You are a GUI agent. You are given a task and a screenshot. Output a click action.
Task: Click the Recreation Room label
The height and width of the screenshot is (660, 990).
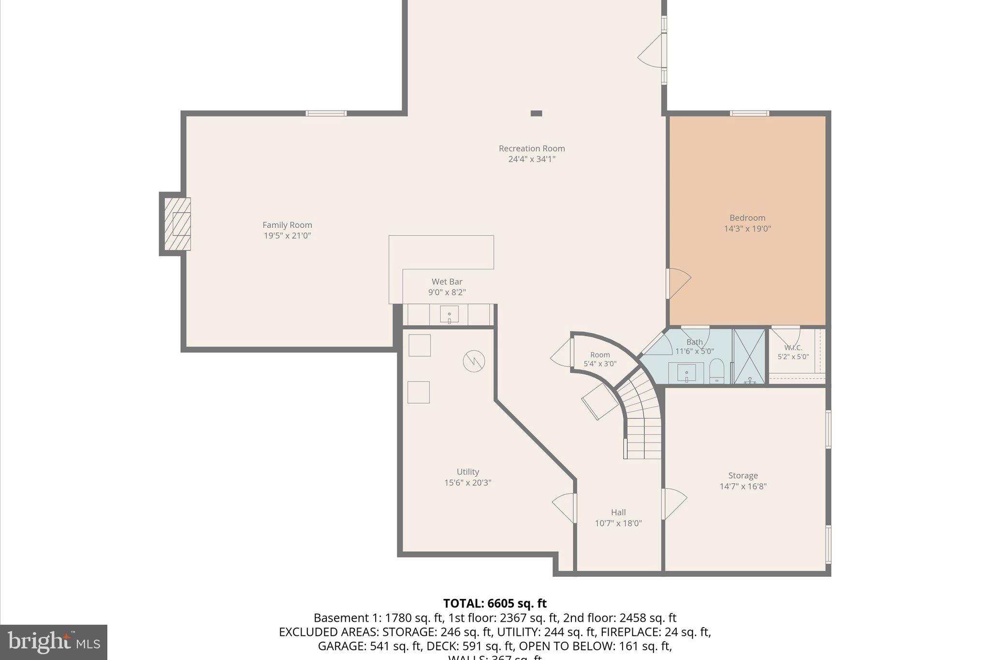532,148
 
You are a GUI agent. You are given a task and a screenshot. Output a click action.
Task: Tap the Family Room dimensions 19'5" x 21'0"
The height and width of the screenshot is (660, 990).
287,236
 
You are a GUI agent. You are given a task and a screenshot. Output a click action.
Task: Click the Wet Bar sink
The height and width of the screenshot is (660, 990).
449,315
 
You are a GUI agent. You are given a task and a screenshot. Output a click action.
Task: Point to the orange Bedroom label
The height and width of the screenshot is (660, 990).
747,218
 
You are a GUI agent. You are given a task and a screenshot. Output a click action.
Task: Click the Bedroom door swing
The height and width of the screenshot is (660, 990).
678,283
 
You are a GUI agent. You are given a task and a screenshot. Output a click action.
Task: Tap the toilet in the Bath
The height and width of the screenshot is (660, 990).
716,371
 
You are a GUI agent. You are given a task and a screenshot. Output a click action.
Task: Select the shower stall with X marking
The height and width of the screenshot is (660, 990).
749,356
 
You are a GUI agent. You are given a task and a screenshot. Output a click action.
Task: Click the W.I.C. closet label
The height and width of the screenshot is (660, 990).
793,348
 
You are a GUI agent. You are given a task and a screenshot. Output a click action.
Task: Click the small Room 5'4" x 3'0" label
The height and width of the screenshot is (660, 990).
600,355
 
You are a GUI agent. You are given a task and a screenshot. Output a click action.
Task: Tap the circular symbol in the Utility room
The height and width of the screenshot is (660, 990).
474,361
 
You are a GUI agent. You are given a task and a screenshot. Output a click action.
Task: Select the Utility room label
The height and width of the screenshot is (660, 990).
467,472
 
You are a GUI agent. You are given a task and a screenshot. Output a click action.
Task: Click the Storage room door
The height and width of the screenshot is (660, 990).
674,504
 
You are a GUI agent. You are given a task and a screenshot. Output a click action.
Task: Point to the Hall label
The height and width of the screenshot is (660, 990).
618,513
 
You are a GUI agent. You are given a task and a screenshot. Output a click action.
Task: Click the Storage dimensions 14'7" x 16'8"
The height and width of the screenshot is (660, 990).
743,486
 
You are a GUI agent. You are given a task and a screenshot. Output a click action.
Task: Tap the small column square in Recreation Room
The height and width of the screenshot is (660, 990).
536,113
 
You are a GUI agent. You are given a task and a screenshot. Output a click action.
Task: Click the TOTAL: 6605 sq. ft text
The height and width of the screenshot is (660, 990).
495,603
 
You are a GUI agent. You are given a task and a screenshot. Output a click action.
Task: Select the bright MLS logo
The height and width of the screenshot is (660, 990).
54,642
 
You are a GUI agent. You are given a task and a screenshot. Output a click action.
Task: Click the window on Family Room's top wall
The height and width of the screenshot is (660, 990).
326,114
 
